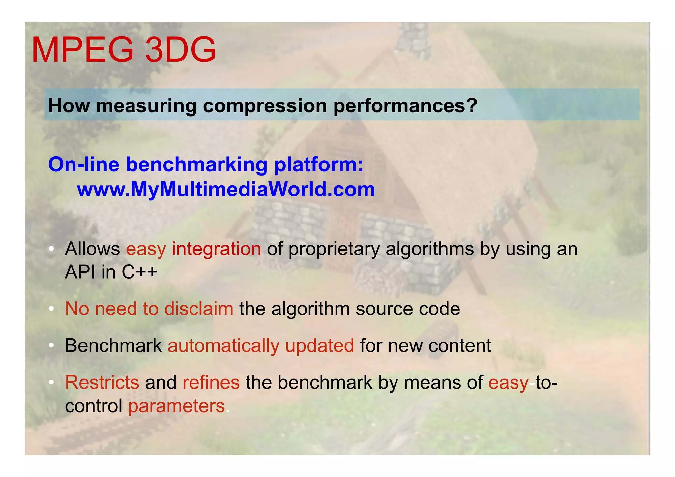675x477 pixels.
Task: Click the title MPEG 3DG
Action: [x=124, y=50]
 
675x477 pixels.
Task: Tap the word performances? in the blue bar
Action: [x=405, y=106]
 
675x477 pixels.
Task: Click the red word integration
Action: [x=216, y=249]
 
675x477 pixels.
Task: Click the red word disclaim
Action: [x=199, y=309]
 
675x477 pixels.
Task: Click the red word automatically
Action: [x=223, y=346]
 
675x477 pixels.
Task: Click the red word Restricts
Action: [x=102, y=383]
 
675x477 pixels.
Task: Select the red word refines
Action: [x=211, y=383]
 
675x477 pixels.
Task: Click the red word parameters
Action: [x=176, y=406]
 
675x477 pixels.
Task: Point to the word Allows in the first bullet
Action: [x=92, y=249]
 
